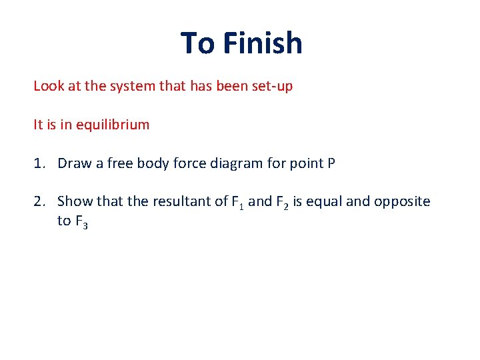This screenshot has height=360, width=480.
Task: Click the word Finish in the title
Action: point(263,43)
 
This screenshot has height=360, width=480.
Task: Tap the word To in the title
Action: point(197,43)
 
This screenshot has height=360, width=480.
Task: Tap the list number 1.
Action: point(39,163)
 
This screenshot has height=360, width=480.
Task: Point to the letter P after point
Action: point(331,163)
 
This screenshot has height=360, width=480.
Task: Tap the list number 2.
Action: point(39,201)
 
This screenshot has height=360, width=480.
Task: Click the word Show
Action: point(73,201)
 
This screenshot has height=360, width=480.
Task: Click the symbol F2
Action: point(283,202)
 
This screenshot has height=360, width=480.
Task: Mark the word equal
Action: point(322,201)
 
